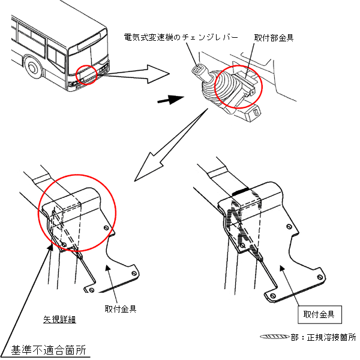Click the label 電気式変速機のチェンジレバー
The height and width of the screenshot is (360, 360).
(179, 37)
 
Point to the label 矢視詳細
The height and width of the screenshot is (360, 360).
(58, 319)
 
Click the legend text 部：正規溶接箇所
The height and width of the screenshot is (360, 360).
(323, 338)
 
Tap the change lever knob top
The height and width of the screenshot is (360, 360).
(195, 70)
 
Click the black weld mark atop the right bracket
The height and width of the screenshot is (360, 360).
(242, 191)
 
